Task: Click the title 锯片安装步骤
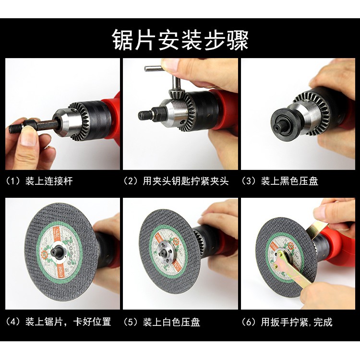point(180,40)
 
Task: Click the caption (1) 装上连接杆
point(39,181)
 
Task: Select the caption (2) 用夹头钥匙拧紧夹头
point(176,181)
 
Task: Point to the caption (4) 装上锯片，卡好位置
point(58,322)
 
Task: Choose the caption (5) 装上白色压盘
point(162,322)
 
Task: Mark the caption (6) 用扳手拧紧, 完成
point(287,322)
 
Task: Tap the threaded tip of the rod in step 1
point(16,129)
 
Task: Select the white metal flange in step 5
point(166,253)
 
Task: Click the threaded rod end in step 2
point(144,114)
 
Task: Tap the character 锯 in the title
point(123,40)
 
